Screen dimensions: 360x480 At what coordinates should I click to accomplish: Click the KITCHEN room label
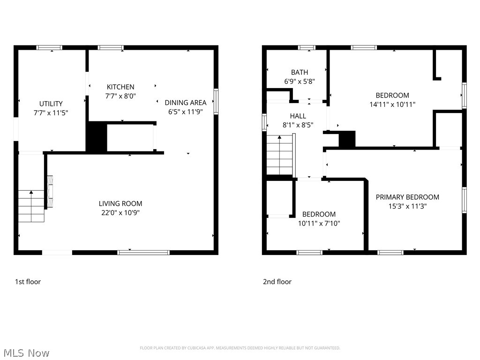click(120, 87)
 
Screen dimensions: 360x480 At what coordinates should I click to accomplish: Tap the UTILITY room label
click(51, 104)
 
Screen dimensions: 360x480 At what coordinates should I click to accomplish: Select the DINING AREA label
click(185, 102)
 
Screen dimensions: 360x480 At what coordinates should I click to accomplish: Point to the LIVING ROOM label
click(120, 203)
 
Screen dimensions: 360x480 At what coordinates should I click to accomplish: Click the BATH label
click(300, 72)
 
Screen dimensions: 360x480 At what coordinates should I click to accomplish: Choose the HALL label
click(298, 116)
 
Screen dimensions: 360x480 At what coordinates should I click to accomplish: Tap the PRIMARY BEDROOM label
click(407, 197)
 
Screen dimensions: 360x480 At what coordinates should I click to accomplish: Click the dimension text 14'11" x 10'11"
click(392, 104)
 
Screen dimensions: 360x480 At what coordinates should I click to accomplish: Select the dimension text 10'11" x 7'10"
click(319, 223)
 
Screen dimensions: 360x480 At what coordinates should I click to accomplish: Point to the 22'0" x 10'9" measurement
click(120, 212)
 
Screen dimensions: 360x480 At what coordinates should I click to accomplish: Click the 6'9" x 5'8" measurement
click(300, 81)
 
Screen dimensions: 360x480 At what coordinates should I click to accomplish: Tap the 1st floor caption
click(28, 282)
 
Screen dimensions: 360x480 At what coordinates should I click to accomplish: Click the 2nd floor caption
click(277, 282)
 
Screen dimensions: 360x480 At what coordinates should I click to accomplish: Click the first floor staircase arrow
click(31, 192)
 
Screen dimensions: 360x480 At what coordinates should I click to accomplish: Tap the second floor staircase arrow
click(280, 137)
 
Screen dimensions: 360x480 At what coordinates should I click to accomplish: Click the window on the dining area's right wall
click(216, 102)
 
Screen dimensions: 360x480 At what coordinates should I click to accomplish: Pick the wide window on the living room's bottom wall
click(143, 252)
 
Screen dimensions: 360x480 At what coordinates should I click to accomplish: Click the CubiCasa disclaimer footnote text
click(240, 348)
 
